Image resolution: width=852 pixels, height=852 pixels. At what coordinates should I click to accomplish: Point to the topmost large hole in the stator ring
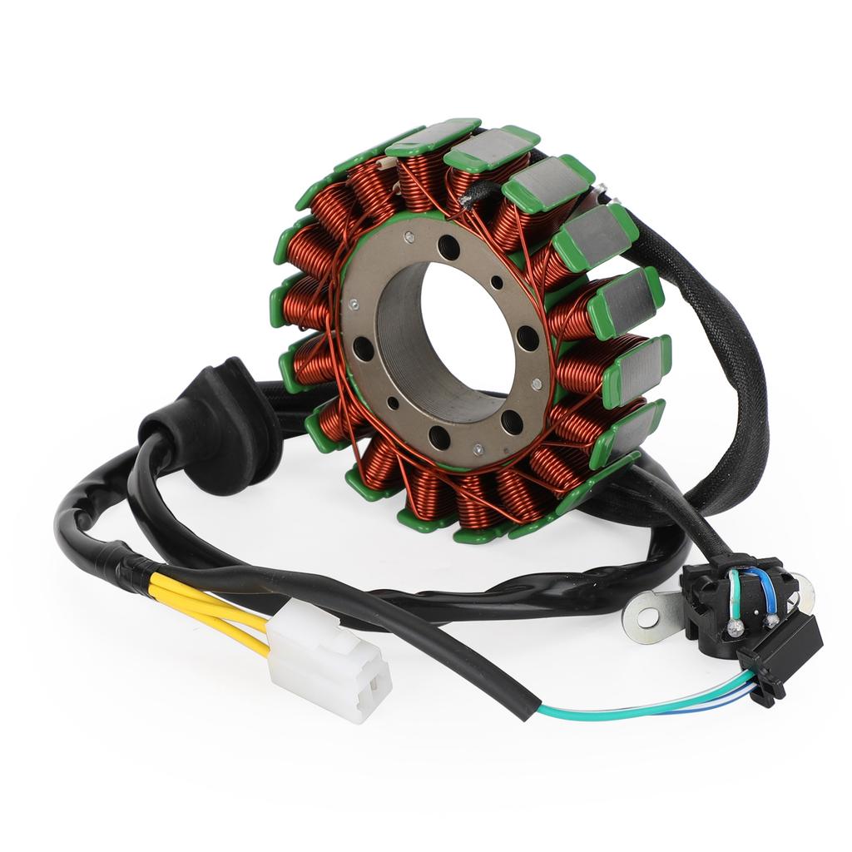click(x=448, y=246)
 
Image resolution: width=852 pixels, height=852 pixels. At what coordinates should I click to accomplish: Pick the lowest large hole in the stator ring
click(x=439, y=435)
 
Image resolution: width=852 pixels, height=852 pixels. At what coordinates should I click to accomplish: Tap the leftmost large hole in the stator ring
click(x=363, y=349)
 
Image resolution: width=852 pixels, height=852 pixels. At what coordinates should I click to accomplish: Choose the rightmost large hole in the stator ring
click(x=527, y=338)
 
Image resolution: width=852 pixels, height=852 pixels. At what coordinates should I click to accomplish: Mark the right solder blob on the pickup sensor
click(x=772, y=620)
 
